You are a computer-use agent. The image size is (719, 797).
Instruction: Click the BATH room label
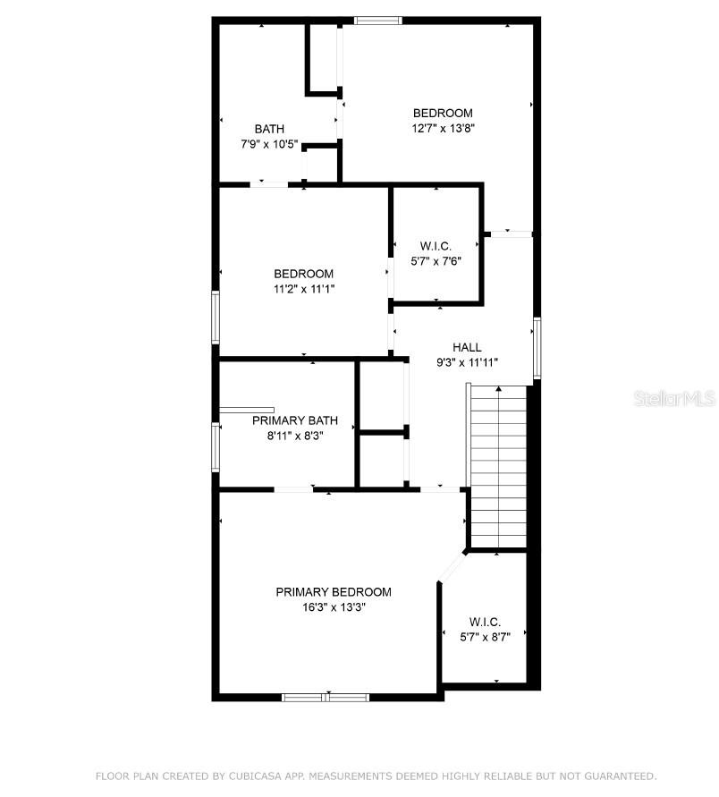click(269, 129)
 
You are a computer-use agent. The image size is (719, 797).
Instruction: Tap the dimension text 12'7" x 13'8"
click(442, 128)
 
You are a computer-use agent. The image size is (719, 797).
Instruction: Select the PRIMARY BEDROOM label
click(333, 592)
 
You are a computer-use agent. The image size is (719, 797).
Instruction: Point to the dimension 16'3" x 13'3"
click(333, 606)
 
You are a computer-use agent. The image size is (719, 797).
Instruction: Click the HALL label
click(467, 348)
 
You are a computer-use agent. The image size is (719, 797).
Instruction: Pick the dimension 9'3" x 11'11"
click(467, 362)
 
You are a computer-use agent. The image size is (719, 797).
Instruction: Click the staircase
click(497, 465)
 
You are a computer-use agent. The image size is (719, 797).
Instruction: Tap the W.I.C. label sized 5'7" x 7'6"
click(436, 246)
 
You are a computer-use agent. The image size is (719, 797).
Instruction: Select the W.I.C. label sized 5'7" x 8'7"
click(485, 622)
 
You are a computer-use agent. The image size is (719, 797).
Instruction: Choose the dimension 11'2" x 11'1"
click(304, 288)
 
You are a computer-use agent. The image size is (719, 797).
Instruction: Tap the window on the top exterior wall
click(377, 20)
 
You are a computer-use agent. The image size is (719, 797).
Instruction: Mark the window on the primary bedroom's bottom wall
click(326, 696)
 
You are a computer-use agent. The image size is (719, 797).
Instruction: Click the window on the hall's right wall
click(537, 347)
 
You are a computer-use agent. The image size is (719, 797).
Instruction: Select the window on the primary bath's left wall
click(216, 446)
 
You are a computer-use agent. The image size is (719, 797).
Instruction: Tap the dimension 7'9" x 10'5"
click(269, 144)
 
